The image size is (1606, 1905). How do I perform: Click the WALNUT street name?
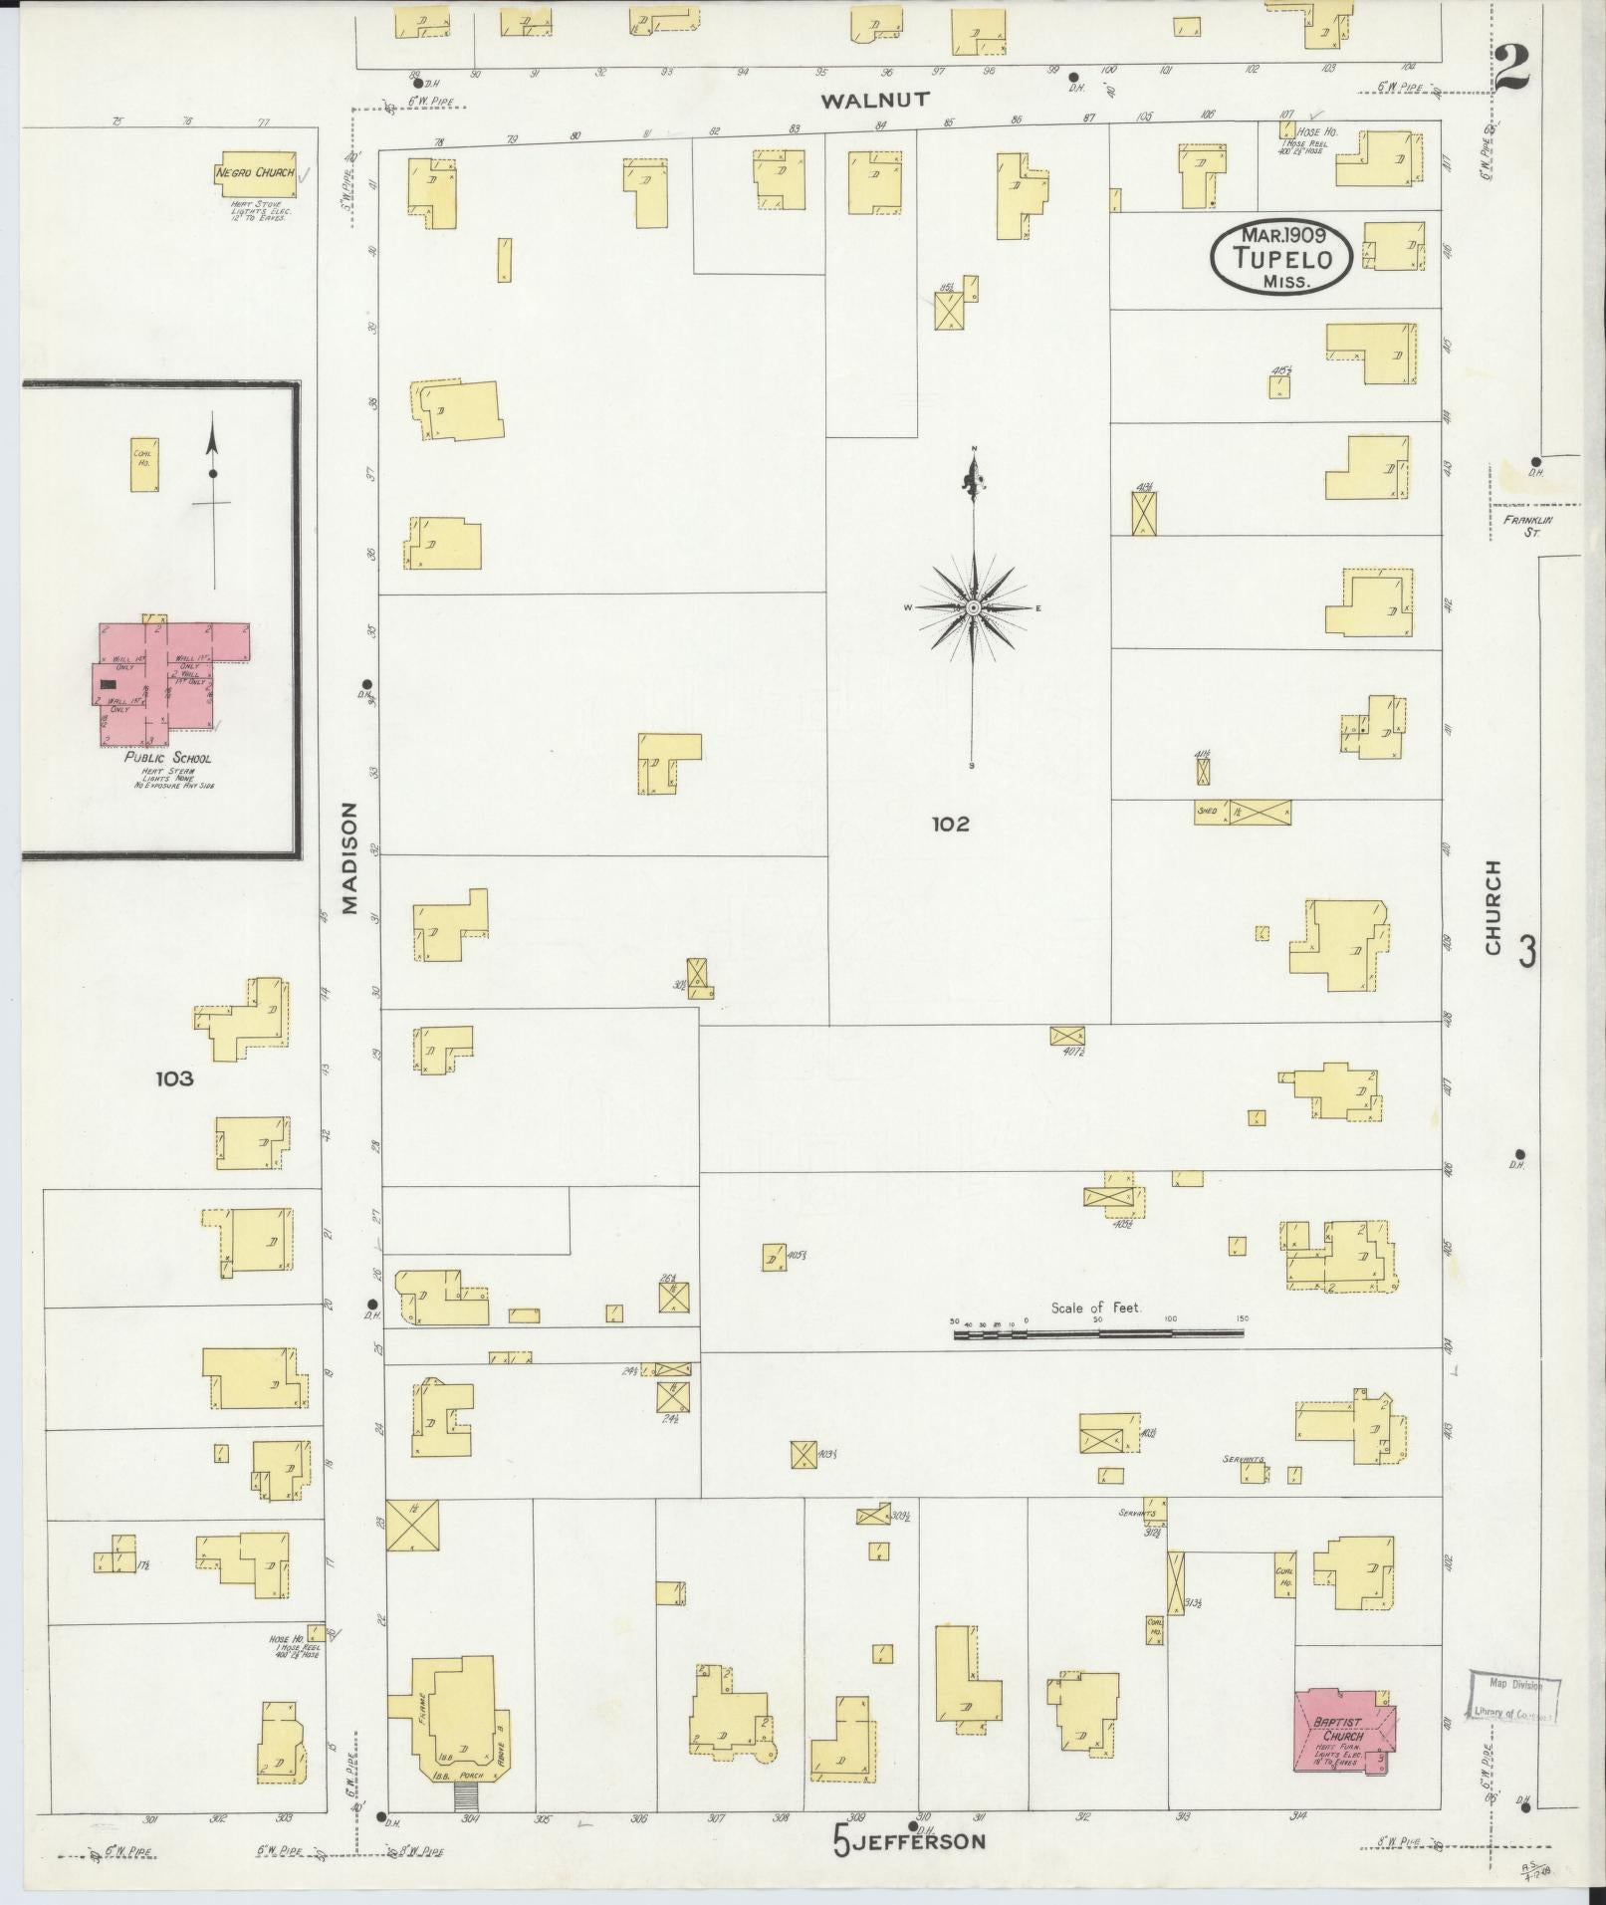(876, 100)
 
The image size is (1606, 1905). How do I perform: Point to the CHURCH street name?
(1491, 908)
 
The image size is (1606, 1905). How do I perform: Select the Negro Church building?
(255, 174)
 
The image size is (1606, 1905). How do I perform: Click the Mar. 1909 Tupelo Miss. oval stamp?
(1280, 258)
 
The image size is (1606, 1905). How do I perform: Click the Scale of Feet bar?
(1099, 1333)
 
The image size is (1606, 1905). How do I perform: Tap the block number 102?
(951, 824)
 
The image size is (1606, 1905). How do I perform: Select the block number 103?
(174, 1078)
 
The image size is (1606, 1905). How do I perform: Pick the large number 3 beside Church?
(1525, 952)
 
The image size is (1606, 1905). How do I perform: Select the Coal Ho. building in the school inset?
(146, 465)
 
